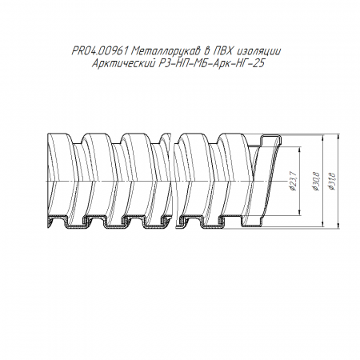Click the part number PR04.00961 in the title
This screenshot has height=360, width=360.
click(x=100, y=50)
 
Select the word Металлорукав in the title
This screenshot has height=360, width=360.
click(x=166, y=50)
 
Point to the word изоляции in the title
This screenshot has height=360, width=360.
click(x=258, y=51)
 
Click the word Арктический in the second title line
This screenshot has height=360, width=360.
click(x=123, y=64)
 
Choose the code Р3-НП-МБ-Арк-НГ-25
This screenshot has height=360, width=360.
click(x=211, y=64)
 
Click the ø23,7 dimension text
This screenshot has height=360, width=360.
click(x=293, y=182)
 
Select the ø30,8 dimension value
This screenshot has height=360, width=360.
click(x=315, y=182)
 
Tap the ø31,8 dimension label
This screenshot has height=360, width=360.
click(x=331, y=182)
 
